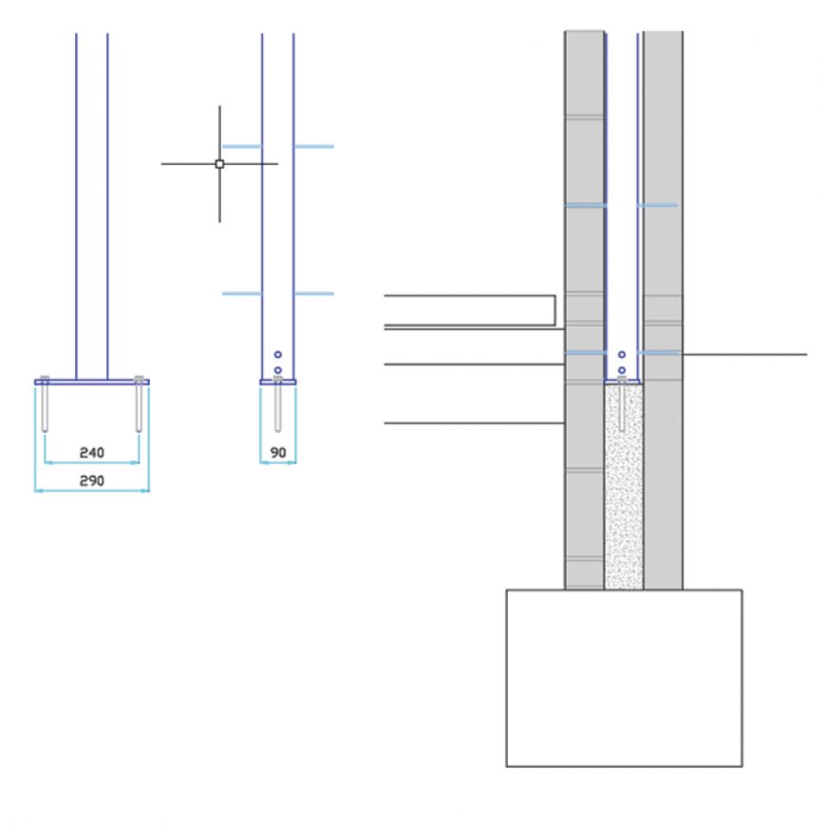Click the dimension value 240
point(91,452)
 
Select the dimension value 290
point(91,480)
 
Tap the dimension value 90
point(278,452)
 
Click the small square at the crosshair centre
point(219,164)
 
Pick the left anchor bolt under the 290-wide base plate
point(45,405)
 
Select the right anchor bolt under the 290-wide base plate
point(139,405)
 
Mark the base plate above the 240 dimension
point(91,382)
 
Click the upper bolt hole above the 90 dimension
point(278,354)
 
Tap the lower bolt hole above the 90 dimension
point(278,369)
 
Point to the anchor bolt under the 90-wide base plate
point(278,405)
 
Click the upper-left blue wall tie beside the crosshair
point(241,146)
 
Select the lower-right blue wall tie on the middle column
point(314,293)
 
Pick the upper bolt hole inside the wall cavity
point(622,354)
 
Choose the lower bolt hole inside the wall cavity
point(622,369)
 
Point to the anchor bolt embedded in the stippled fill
point(622,405)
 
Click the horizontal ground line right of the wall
point(744,354)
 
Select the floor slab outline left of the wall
point(470,310)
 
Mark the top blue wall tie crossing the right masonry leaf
point(658,205)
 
